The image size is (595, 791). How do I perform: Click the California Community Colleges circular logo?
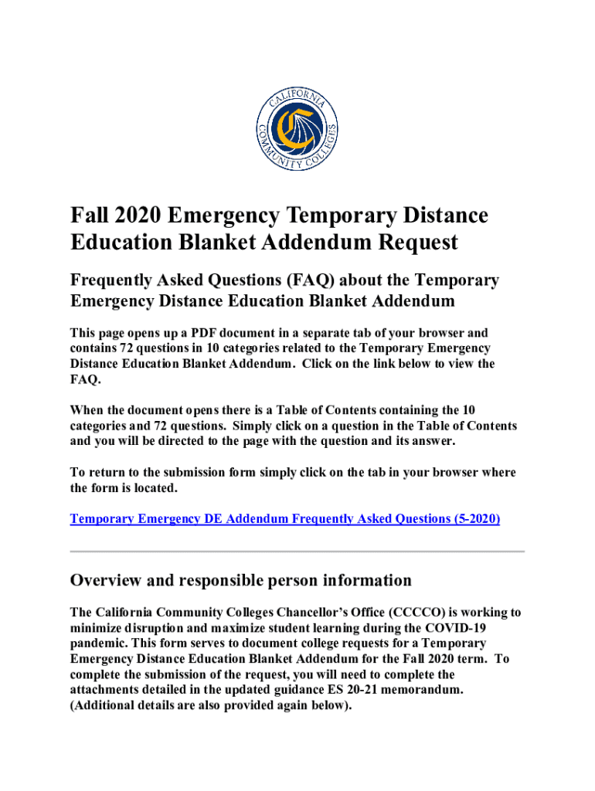pos(297,127)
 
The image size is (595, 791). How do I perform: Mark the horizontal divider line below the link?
pos(297,552)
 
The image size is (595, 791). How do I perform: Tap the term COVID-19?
pos(487,628)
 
